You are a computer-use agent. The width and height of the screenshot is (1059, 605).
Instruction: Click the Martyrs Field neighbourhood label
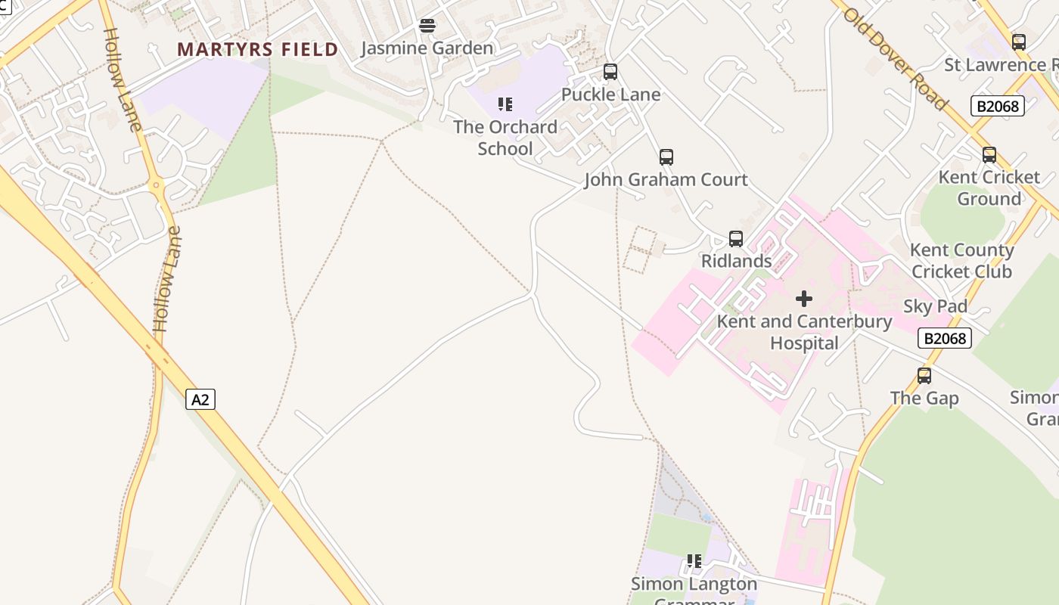pos(257,50)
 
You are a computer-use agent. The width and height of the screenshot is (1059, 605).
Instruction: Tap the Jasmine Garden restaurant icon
pos(427,26)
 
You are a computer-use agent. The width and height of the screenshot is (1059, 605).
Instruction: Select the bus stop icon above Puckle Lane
pos(610,72)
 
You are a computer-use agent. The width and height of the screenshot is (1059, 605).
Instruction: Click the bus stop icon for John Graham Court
pos(666,157)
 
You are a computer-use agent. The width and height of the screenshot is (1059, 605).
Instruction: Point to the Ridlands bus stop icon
pos(736,239)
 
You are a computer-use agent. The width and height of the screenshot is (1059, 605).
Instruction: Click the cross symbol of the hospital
pos(804,299)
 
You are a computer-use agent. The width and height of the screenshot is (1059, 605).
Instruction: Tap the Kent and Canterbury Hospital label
pos(804,332)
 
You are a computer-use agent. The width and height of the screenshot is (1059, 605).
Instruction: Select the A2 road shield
pos(200,399)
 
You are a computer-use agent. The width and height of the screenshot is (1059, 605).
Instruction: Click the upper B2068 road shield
pos(998,106)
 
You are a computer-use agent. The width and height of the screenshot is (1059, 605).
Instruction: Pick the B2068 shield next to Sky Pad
pos(945,338)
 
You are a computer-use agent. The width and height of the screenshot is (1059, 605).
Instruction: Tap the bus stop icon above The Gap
pos(924,376)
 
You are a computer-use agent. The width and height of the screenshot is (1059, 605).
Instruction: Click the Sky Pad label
pos(935,306)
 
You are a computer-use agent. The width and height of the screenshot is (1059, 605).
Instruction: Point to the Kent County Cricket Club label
pos(961,260)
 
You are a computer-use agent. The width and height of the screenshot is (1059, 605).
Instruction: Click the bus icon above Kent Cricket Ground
pos(989,155)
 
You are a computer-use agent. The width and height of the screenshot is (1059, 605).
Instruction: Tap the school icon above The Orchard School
pos(505,104)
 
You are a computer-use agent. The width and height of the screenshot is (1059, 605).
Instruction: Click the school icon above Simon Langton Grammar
pos(694,561)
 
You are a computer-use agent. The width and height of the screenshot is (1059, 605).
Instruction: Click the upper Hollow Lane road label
pos(122,79)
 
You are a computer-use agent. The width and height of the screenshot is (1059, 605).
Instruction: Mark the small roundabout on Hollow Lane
pos(156,185)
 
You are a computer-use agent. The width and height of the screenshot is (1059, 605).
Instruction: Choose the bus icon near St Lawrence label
pos(1019,42)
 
